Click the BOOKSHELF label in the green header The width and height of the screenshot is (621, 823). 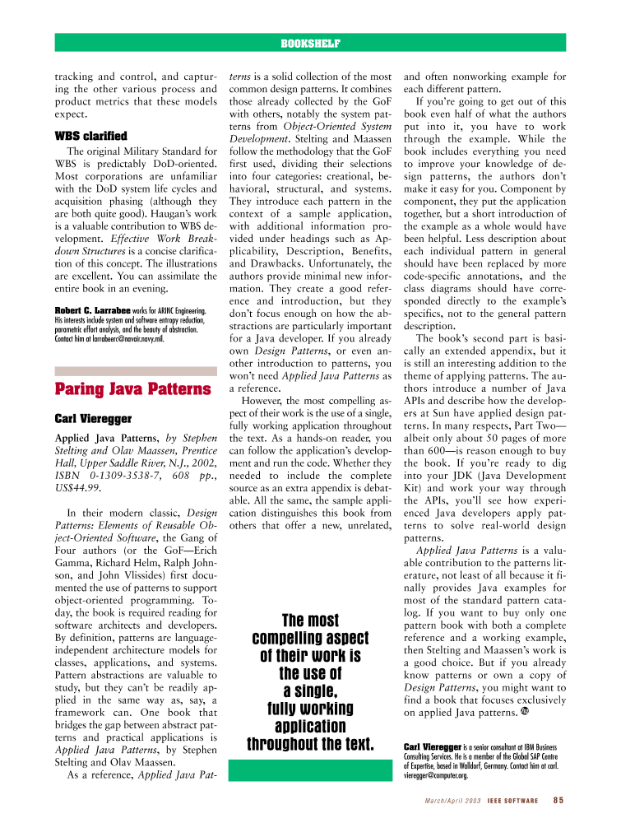coord(310,43)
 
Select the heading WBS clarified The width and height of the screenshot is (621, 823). coord(90,136)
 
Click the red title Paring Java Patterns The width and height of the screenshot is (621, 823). coord(132,388)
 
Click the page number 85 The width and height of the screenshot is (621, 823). coord(558,799)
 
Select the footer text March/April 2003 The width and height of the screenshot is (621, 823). coord(452,799)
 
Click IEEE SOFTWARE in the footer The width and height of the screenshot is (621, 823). coord(513,799)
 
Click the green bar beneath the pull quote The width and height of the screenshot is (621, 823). coord(310,770)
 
